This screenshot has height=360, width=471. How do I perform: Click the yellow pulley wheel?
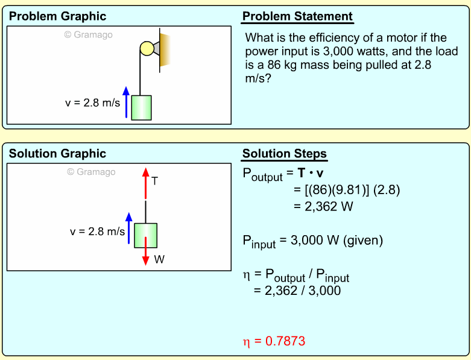[147, 48]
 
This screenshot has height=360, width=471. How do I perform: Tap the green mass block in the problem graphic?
[141, 108]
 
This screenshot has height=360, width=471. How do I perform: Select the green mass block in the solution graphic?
[145, 235]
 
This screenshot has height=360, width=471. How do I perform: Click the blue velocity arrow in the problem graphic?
[126, 102]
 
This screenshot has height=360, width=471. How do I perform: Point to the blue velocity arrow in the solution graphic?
[128, 228]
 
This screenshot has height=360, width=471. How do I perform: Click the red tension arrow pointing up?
[145, 183]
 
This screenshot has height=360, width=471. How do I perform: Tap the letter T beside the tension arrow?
[155, 180]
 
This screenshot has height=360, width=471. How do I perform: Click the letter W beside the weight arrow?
[159, 260]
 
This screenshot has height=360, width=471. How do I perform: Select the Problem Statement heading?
[297, 17]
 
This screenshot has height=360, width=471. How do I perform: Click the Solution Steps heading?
[285, 154]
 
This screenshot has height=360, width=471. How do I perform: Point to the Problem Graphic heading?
[57, 17]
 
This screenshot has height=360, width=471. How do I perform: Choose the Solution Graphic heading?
[57, 154]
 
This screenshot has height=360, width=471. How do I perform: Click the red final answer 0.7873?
[274, 341]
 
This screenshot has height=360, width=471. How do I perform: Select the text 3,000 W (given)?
[337, 241]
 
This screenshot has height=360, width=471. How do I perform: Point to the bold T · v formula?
[311, 174]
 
